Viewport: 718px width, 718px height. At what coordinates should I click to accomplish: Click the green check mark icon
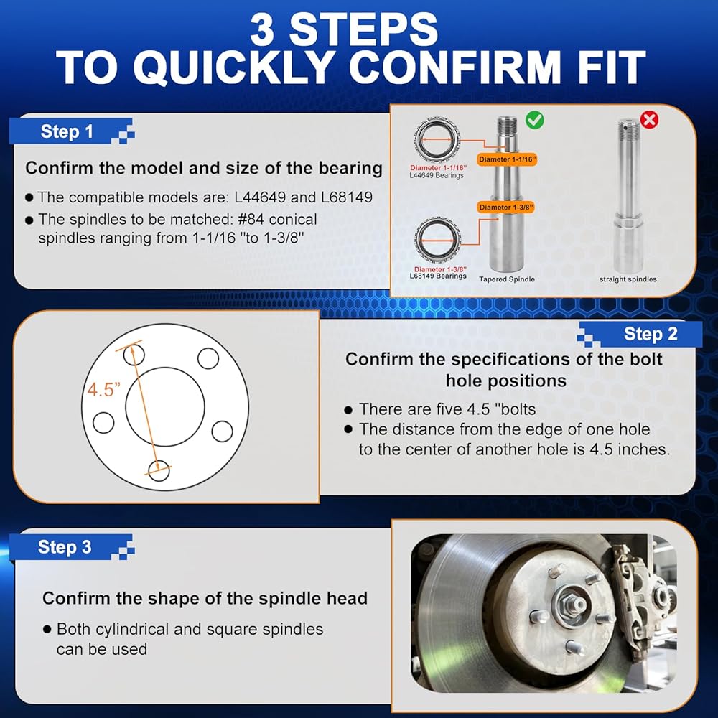534,120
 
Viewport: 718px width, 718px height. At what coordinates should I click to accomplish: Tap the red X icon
649,120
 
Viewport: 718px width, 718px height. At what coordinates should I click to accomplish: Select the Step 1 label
67,132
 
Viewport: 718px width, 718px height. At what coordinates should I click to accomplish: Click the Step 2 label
651,335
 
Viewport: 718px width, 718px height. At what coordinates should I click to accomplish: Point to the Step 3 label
65,547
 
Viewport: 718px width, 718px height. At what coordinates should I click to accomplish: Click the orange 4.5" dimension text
103,390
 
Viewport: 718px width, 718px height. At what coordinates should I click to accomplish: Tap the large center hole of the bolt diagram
165,406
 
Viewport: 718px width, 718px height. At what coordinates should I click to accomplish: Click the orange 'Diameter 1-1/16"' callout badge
506,159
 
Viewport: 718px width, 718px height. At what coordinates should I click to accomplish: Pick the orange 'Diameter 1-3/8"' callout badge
505,208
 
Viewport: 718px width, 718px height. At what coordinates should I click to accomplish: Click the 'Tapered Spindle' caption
507,279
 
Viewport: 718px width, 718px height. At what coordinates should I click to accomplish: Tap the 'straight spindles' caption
628,279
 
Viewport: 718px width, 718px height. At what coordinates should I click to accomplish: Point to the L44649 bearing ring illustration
437,140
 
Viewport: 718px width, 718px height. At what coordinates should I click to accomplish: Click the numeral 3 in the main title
262,29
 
